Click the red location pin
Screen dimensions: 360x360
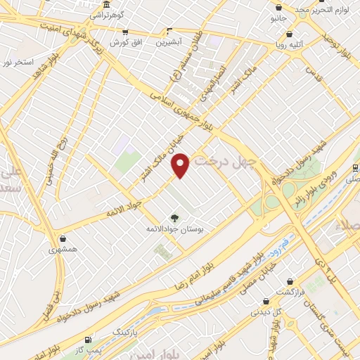coord(181,165)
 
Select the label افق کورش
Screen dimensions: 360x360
coord(127,42)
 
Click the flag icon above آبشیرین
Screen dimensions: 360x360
coord(169,31)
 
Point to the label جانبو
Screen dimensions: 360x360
coord(279,19)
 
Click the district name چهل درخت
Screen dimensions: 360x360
coord(228,162)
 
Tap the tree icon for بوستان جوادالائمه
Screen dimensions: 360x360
coord(174,217)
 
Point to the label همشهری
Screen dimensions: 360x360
coord(63,249)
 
